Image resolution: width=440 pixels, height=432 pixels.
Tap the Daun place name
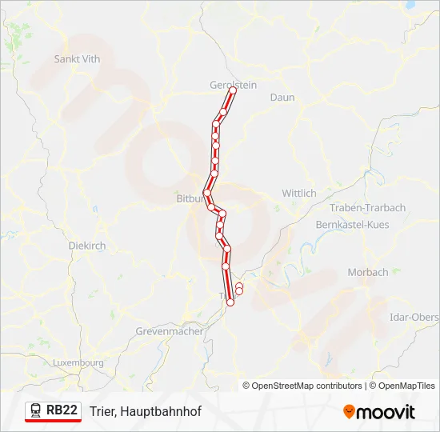(x=282, y=98)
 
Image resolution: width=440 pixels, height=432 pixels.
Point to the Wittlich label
(x=299, y=193)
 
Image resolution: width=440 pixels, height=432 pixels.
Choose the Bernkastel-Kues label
(x=353, y=225)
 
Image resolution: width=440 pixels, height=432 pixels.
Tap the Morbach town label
(x=367, y=272)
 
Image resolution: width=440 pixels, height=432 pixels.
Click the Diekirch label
(x=87, y=246)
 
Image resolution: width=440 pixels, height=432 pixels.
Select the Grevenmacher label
(x=169, y=330)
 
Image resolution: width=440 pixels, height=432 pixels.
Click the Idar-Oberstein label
(x=414, y=317)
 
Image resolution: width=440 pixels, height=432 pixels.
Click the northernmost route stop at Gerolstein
(x=233, y=90)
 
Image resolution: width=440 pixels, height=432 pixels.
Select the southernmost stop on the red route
(x=230, y=302)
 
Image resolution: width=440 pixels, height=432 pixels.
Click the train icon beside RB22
(x=36, y=410)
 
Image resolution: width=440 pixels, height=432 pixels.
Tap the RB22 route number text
(x=62, y=410)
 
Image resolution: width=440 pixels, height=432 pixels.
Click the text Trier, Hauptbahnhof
(x=146, y=411)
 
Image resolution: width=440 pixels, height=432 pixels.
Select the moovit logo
(x=379, y=411)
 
